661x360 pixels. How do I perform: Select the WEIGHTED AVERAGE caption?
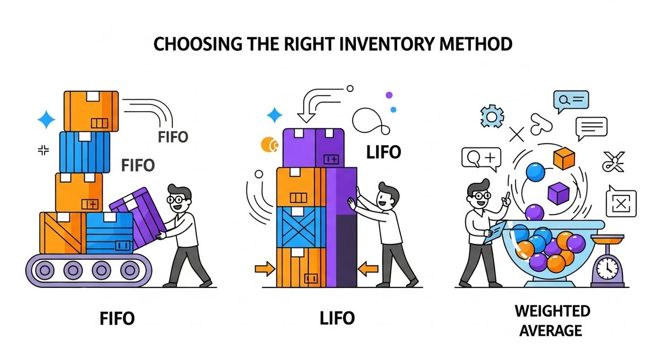(552, 320)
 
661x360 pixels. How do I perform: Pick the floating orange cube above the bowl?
(564, 159)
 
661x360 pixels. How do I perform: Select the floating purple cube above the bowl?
(558, 193)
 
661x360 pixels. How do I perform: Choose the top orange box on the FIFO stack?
(91, 111)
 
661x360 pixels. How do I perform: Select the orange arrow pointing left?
(368, 269)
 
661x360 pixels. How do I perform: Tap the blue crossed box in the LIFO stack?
(300, 227)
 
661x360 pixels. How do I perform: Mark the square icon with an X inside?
(621, 204)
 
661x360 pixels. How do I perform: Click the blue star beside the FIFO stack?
(46, 120)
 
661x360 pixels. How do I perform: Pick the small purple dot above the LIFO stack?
(389, 95)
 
